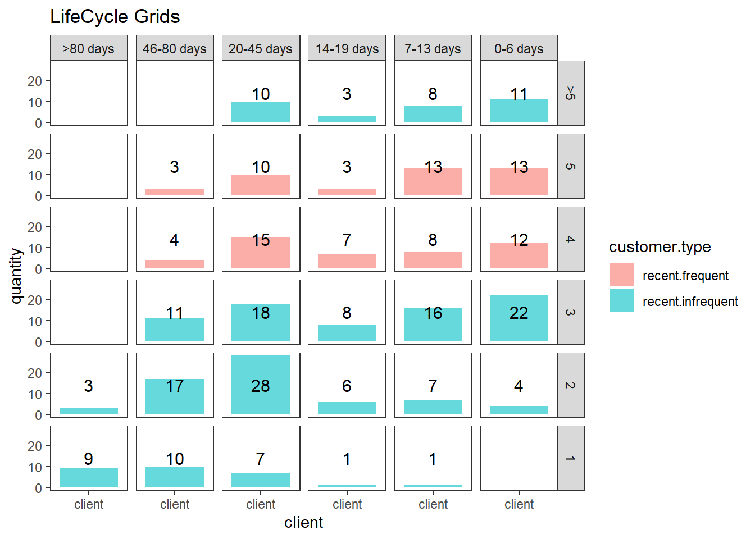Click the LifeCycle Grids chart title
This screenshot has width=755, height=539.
coord(115,17)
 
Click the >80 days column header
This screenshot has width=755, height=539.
coord(89,48)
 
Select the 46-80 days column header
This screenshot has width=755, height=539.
coord(175,48)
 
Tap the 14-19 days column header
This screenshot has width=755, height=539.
coord(347,48)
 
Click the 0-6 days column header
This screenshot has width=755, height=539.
coord(519,48)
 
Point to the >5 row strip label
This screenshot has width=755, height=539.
coord(571,93)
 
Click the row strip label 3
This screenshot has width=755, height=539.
coord(571,312)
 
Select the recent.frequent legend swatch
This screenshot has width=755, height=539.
coord(621,275)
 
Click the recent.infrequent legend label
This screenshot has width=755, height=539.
coord(690,302)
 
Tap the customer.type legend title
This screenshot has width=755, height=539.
coord(660,247)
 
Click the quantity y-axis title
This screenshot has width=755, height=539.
coord(16,276)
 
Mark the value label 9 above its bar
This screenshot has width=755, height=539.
coord(89,459)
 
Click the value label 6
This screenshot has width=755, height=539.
coord(347,386)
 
